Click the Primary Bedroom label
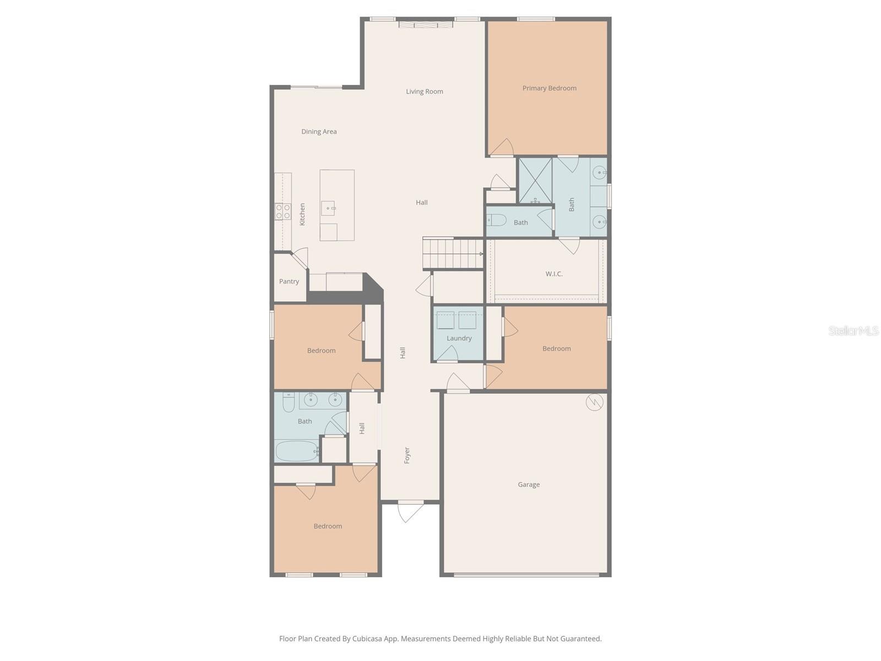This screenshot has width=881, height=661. [x=549, y=88]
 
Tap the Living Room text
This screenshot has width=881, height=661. [x=424, y=91]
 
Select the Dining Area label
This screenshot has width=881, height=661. [x=319, y=132]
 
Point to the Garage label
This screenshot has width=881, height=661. [x=528, y=485]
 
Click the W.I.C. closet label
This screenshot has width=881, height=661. [x=554, y=274]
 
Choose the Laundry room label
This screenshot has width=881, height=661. [x=459, y=338]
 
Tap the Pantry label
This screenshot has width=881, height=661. [x=289, y=281]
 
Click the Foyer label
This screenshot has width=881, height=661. [x=406, y=456]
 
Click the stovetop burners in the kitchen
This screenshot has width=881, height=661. [x=282, y=211]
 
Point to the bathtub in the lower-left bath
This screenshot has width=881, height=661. [x=296, y=451]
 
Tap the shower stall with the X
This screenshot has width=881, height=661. [x=535, y=181]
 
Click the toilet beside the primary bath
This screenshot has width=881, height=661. [x=496, y=220]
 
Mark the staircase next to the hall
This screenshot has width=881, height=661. [x=453, y=253]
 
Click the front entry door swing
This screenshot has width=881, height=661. [x=410, y=511]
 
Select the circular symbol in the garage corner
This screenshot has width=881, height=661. [x=595, y=402]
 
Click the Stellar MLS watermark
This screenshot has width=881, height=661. [x=853, y=330]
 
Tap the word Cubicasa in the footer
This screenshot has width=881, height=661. [x=367, y=638]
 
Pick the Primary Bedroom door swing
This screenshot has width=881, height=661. [x=502, y=147]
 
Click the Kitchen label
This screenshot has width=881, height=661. [x=302, y=214]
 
